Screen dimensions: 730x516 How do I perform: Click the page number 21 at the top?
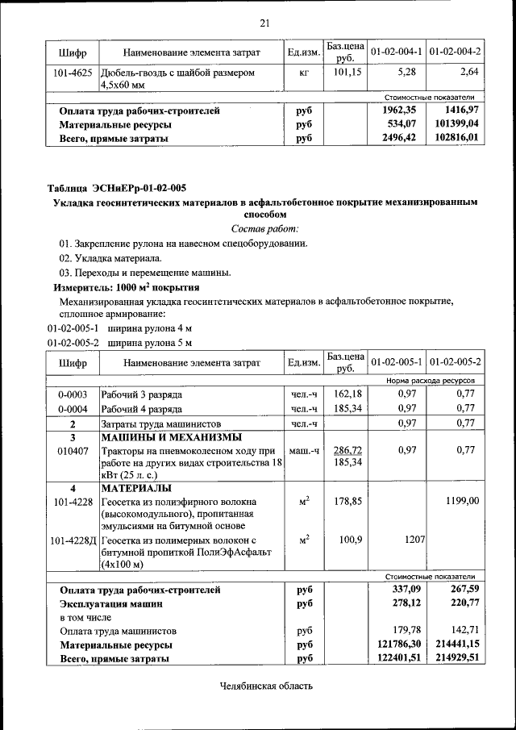click(264, 22)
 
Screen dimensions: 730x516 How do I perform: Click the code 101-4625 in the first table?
click(72, 73)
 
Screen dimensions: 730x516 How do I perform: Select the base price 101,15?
click(345, 73)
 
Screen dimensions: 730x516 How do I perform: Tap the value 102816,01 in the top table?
click(456, 138)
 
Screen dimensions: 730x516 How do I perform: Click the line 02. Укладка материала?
click(110, 258)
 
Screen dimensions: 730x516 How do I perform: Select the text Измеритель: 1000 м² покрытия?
click(127, 287)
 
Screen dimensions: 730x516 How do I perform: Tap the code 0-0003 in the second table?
click(72, 395)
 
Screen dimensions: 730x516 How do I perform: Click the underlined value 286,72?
click(346, 450)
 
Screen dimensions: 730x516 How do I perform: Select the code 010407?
click(72, 450)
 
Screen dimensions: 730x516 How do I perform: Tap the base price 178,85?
click(346, 501)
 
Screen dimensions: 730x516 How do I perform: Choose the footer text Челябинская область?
click(265, 686)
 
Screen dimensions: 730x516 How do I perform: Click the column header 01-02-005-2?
click(456, 362)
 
